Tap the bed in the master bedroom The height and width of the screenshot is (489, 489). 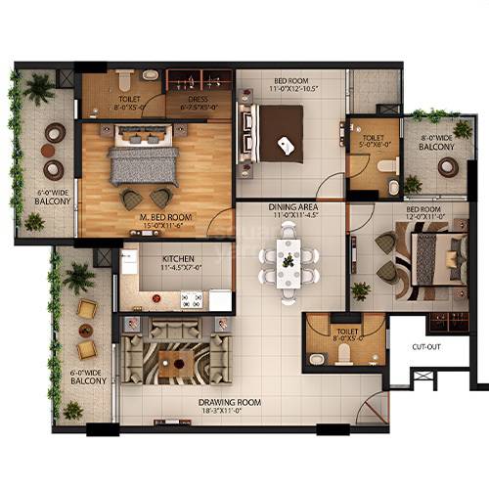pyautogui.click(x=144, y=161)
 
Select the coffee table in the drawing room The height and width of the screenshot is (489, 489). pyautogui.click(x=176, y=366)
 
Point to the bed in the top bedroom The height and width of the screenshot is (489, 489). pyautogui.click(x=279, y=133)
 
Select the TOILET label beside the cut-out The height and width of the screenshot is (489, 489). pyautogui.click(x=346, y=333)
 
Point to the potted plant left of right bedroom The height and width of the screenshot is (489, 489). pyautogui.click(x=362, y=290)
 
